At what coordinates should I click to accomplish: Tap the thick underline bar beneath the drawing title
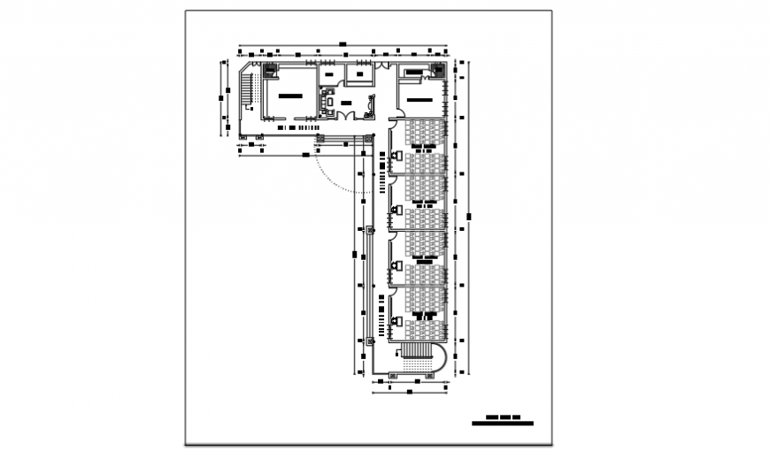503,424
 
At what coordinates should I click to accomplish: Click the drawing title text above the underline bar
502,417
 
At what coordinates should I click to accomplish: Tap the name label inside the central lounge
346,103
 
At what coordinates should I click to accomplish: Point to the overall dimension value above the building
342,43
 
